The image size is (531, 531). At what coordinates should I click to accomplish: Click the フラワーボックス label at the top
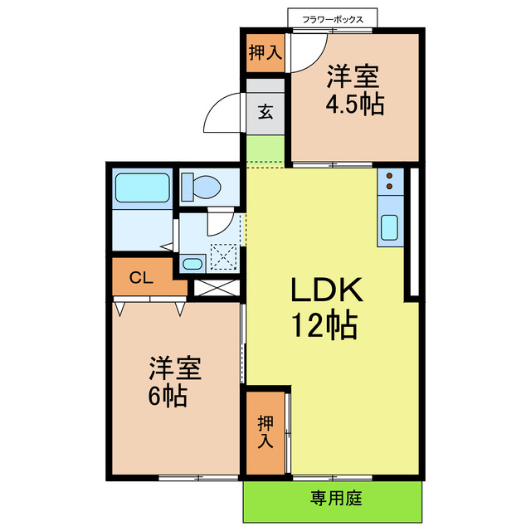click(332, 17)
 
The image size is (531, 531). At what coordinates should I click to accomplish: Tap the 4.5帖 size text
click(354, 106)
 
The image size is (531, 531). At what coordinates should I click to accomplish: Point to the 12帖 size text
click(324, 326)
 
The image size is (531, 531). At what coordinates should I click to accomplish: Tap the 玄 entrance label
click(265, 112)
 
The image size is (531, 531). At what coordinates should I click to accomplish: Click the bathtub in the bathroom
click(142, 188)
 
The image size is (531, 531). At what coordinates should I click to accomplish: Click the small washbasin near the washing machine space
click(192, 265)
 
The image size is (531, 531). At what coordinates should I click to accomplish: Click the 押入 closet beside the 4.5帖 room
click(265, 54)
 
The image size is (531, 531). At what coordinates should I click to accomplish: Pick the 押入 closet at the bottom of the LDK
click(265, 431)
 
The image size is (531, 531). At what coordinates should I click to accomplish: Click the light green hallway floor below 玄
click(265, 151)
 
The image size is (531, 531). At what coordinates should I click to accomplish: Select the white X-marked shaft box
click(216, 290)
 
